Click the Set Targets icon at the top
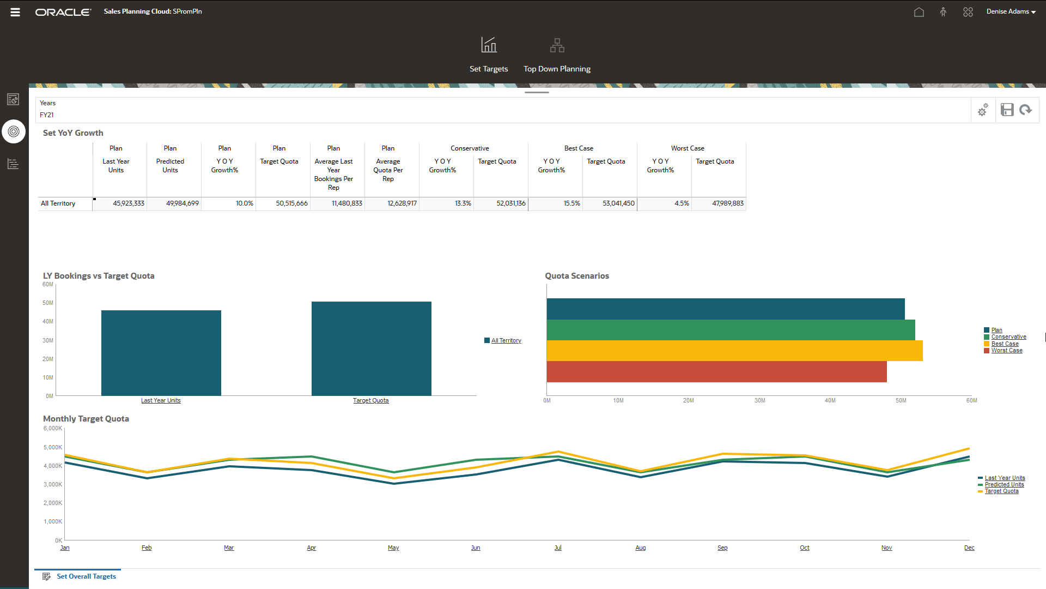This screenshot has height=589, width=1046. [489, 45]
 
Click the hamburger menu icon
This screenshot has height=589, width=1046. [15, 12]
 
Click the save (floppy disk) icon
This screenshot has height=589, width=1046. [1007, 110]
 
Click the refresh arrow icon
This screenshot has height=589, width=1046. [1026, 110]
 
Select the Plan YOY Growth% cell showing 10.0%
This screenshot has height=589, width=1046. [229, 203]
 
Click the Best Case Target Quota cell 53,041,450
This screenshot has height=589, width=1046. [610, 203]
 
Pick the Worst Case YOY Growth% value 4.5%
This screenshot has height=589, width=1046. [665, 203]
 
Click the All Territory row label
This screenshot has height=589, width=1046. [58, 203]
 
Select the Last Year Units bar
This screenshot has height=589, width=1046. [161, 352]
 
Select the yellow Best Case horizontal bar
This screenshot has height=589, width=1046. [734, 351]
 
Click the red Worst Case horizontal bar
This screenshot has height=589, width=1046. [716, 371]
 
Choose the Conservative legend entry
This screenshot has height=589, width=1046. [1008, 337]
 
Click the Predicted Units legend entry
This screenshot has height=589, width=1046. [1004, 485]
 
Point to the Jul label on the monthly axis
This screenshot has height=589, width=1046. [558, 548]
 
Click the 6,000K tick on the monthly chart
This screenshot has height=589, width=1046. [53, 429]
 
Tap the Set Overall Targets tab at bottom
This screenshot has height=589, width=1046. [86, 576]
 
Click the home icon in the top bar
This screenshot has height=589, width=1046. [919, 12]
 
